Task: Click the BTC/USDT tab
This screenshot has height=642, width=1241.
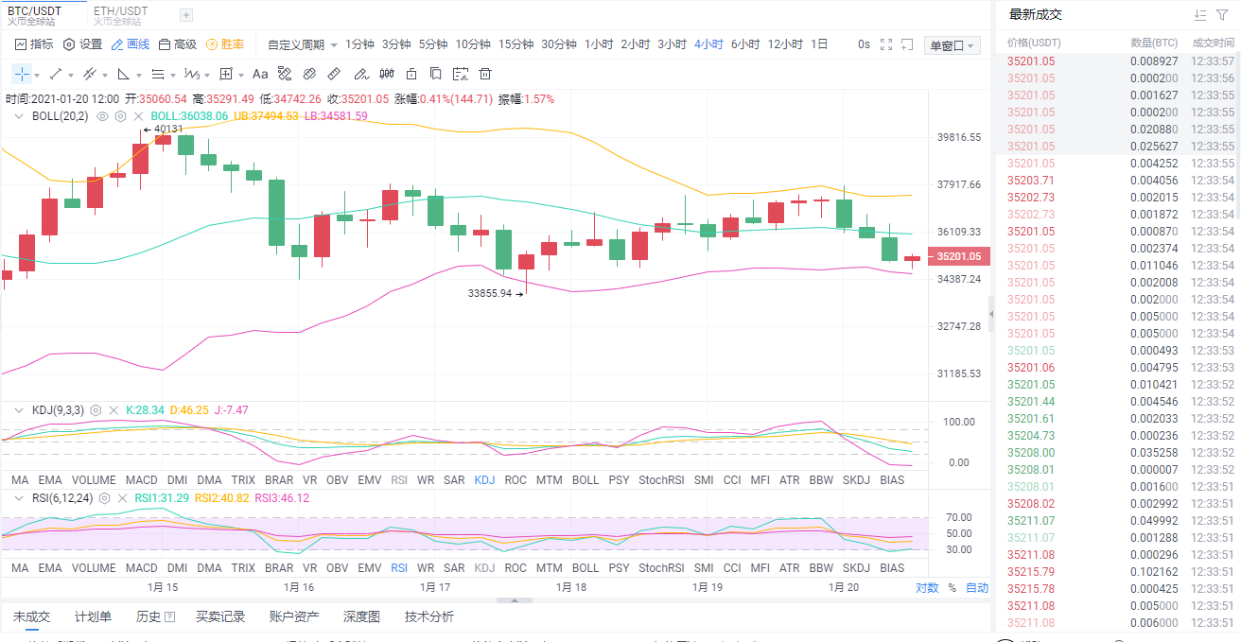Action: pos(35,10)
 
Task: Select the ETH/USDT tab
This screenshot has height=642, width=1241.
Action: pos(120,10)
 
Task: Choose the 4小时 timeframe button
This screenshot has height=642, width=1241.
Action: pos(708,44)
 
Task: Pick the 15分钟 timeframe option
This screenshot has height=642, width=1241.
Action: pos(516,44)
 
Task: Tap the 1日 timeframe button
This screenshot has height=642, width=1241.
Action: pos(819,44)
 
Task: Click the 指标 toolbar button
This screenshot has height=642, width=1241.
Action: pos(34,44)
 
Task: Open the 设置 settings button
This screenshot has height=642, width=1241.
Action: pos(82,44)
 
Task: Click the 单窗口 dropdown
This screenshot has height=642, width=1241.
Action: pos(952,45)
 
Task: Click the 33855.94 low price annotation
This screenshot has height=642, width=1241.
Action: pos(490,293)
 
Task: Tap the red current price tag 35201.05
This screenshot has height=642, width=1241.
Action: pos(958,256)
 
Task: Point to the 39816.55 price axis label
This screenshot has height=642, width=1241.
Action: pos(958,137)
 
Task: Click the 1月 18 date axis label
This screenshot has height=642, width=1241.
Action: pos(571,587)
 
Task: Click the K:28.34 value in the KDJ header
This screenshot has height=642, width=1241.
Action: pos(145,410)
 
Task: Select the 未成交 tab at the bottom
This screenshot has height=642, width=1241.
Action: pos(31,616)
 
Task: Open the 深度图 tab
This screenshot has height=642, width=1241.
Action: pos(361,616)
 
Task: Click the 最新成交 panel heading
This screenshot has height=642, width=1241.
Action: pos(1036,14)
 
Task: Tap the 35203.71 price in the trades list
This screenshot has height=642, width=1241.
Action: pos(1031,181)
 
